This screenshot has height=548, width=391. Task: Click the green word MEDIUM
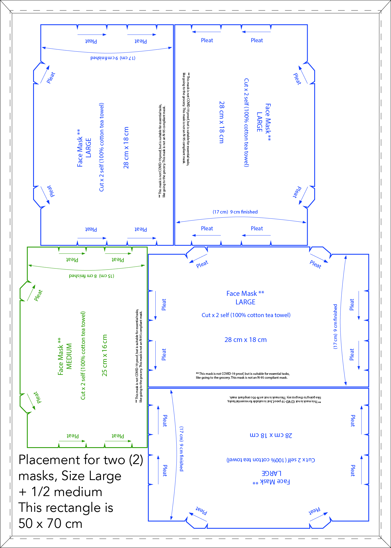[69, 356]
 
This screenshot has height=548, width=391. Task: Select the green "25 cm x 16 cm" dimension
[105, 355]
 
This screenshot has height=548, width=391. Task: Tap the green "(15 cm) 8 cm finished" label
[91, 276]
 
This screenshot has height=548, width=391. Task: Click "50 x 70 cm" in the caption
[50, 524]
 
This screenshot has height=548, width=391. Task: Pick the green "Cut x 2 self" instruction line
[83, 355]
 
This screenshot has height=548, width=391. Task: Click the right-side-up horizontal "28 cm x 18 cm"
[246, 340]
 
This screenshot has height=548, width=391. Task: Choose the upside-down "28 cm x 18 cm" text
[271, 435]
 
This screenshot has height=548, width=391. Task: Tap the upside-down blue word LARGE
[271, 473]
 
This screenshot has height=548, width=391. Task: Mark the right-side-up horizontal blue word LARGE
[245, 302]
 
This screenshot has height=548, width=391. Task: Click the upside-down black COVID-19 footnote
[274, 399]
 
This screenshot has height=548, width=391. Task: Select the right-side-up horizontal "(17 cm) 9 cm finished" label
[235, 212]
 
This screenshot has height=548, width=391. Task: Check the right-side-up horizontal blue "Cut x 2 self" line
[246, 315]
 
